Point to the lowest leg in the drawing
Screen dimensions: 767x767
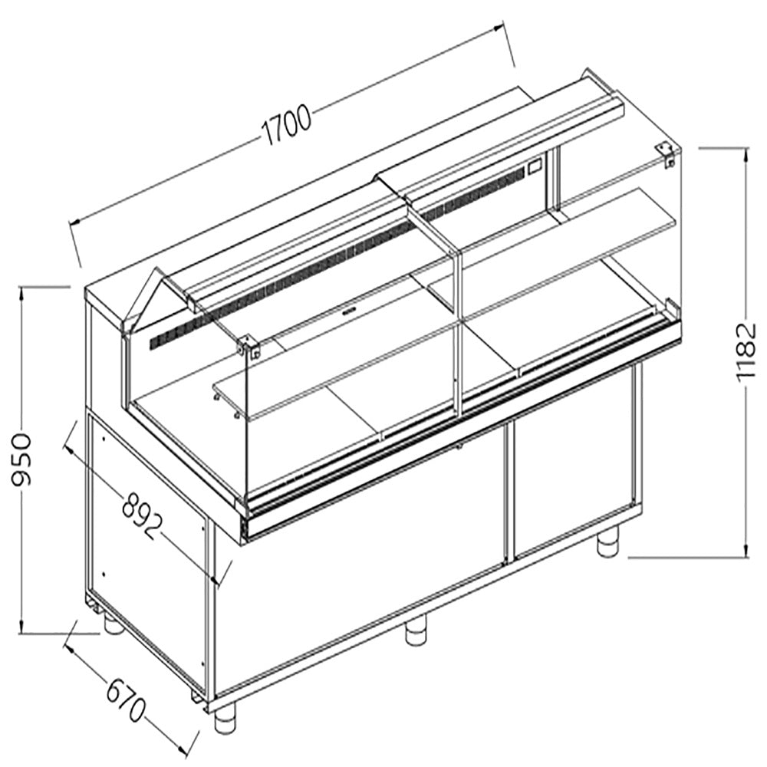coord(225,719)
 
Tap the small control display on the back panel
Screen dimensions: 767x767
coord(534,164)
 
